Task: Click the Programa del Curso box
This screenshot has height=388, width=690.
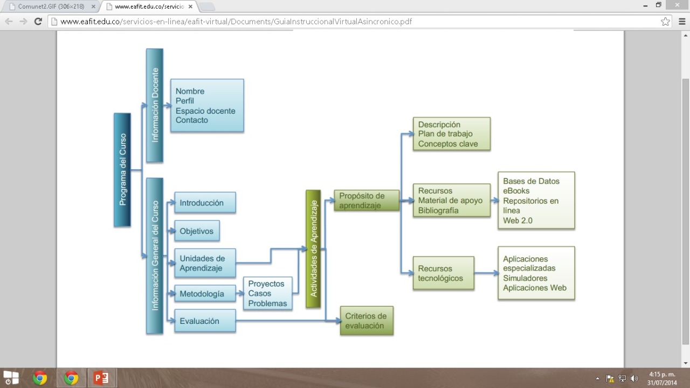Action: click(x=122, y=169)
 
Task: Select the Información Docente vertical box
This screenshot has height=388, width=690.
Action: click(x=155, y=105)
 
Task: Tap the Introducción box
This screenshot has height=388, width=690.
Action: click(x=205, y=203)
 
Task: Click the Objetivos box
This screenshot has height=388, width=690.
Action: click(x=197, y=231)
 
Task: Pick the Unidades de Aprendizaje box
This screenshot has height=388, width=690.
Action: click(x=205, y=263)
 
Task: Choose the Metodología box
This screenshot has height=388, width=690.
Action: click(x=205, y=294)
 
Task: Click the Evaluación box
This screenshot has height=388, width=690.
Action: click(x=205, y=321)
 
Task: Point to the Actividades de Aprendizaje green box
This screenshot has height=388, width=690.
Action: click(x=313, y=248)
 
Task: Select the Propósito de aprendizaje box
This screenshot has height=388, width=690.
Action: click(x=367, y=200)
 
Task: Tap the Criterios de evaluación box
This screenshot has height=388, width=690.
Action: click(x=367, y=321)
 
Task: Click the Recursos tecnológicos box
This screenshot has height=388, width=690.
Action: click(x=443, y=273)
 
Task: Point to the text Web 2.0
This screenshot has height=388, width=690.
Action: click(x=517, y=220)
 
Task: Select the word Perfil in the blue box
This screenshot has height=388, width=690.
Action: click(x=185, y=101)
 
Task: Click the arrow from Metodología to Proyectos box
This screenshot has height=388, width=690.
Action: click(x=240, y=294)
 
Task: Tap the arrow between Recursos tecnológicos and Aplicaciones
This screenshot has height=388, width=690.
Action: click(x=486, y=273)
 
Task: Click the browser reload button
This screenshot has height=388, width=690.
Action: click(x=38, y=22)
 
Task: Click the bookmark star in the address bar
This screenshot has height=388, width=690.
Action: click(x=666, y=22)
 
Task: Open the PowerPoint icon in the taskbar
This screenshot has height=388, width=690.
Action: click(x=101, y=378)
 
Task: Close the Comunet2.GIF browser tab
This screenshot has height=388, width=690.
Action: click(x=93, y=6)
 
